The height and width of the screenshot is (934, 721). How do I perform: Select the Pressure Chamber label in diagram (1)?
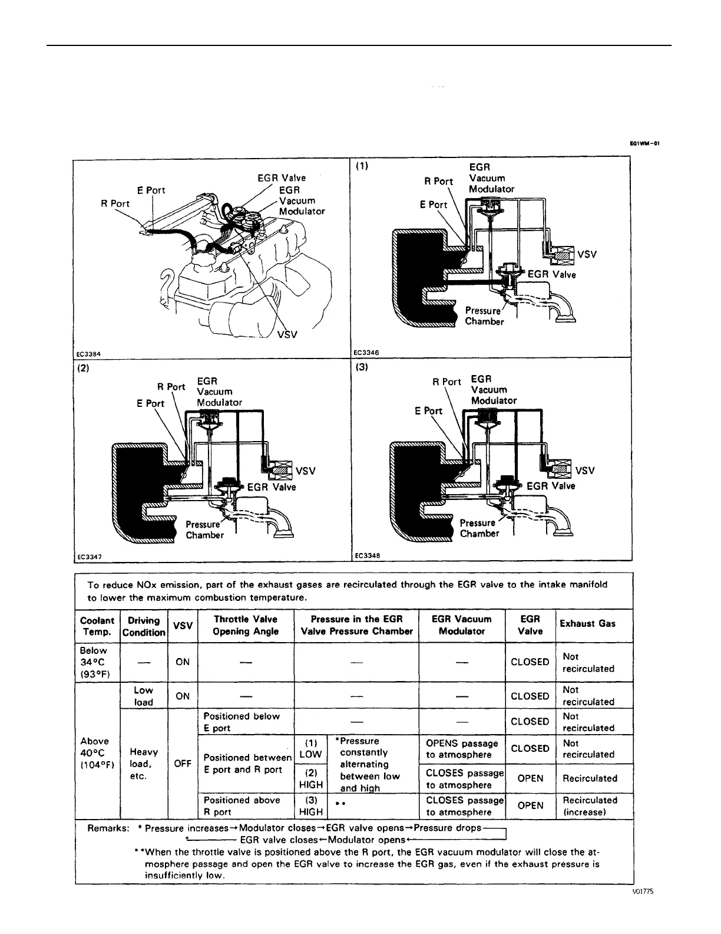(484, 316)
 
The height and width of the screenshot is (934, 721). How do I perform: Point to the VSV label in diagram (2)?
(306, 471)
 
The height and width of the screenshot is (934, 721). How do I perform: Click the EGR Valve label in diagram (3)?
(551, 486)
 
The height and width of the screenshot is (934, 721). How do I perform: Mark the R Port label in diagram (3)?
(447, 382)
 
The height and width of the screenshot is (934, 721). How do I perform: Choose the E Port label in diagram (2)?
(150, 403)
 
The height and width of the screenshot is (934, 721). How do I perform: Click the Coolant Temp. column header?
(97, 626)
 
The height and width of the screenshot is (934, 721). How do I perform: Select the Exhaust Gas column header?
(587, 623)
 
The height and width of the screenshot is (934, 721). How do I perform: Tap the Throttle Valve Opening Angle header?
(246, 625)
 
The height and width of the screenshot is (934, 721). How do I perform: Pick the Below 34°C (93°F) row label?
(94, 662)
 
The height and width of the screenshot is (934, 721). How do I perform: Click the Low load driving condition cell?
(143, 696)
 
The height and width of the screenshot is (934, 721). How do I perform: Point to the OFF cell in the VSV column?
(183, 763)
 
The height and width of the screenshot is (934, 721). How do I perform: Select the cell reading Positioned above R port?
(242, 806)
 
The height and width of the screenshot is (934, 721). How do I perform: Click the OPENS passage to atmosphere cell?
(462, 749)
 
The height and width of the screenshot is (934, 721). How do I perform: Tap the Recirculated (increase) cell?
(590, 806)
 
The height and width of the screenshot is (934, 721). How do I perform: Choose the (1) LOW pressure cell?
(310, 749)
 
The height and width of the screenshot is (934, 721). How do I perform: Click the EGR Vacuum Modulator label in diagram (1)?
(491, 178)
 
